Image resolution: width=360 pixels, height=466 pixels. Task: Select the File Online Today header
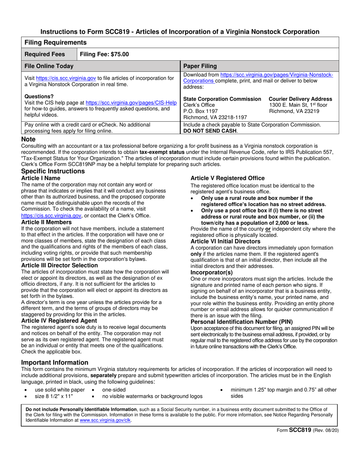[x=49, y=66]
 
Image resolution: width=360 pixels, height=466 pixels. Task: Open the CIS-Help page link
[x=131, y=102]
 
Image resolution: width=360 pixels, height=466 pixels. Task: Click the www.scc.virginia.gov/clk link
[x=105, y=420]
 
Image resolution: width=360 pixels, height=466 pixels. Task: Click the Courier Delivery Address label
[x=301, y=99]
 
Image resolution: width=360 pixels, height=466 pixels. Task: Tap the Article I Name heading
[x=41, y=178]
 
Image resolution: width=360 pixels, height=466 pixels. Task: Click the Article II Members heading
[x=46, y=222]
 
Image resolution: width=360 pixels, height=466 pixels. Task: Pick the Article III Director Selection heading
[x=59, y=265]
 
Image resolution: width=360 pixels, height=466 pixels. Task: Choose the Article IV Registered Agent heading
[x=59, y=321]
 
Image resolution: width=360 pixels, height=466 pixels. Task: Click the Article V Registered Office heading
[x=227, y=178]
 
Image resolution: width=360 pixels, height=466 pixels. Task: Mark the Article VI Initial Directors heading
[x=225, y=241]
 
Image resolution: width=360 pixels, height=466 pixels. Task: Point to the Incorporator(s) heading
[x=211, y=272]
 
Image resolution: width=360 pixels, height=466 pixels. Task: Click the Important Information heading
[x=55, y=363]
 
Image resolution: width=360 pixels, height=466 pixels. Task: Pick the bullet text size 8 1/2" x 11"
[x=54, y=396]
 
